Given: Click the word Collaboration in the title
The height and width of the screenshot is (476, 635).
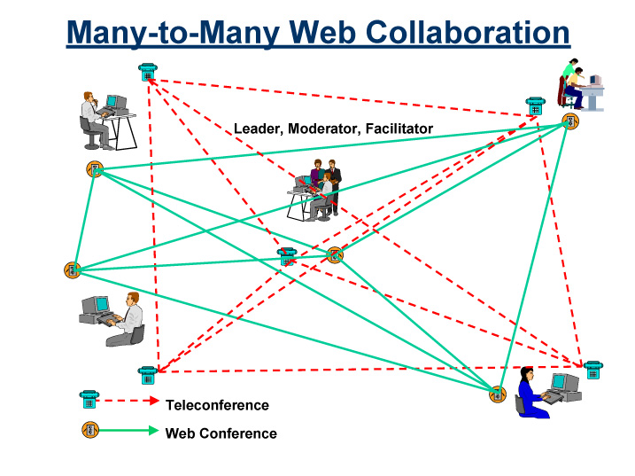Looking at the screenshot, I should (468, 33).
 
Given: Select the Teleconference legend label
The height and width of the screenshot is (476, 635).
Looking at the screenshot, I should (217, 405).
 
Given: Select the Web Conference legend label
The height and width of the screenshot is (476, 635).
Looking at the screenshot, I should (221, 433).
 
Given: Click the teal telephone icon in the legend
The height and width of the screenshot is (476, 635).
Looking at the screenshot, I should (89, 401).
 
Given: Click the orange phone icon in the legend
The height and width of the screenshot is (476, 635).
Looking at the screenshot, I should (89, 430).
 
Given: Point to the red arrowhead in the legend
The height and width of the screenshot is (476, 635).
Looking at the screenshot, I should (153, 401).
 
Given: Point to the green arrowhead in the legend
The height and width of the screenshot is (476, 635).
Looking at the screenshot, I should (153, 431).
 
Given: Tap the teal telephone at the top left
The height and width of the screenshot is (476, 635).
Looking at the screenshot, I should (147, 72).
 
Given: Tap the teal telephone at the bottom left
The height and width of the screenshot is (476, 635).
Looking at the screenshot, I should (147, 375).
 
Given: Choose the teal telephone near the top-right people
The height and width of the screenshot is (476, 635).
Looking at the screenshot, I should (535, 106).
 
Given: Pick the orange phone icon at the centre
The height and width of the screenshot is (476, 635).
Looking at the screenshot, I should (334, 255).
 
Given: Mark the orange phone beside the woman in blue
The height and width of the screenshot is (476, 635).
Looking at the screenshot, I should (498, 394).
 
